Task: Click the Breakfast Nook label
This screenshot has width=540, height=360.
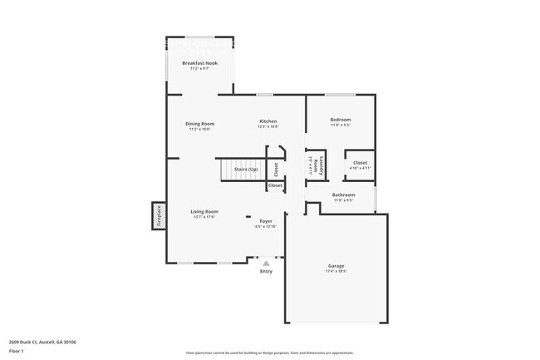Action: [200, 63]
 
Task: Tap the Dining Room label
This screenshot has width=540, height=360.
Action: [199, 124]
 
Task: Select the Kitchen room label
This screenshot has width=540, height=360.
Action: [268, 121]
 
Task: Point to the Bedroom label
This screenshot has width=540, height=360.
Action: [341, 120]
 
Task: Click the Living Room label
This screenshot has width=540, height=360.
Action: [204, 211]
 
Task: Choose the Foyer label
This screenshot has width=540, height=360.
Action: [266, 221]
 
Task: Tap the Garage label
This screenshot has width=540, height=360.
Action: [336, 266]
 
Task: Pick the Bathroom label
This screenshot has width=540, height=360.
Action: [344, 195]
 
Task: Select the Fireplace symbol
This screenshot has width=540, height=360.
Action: [159, 216]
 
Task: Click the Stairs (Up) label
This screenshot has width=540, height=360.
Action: [246, 170]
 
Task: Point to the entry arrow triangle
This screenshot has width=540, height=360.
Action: [266, 263]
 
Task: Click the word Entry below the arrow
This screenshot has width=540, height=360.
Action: [266, 271]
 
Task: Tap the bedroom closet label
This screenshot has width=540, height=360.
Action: [360, 162]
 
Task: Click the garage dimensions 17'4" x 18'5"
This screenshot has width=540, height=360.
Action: [336, 271]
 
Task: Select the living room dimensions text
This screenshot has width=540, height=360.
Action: [204, 217]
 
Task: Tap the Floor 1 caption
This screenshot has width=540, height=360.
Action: [17, 352]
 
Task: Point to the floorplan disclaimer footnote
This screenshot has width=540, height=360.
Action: [269, 353]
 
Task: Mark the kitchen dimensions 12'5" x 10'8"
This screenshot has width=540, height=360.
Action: [268, 126]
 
